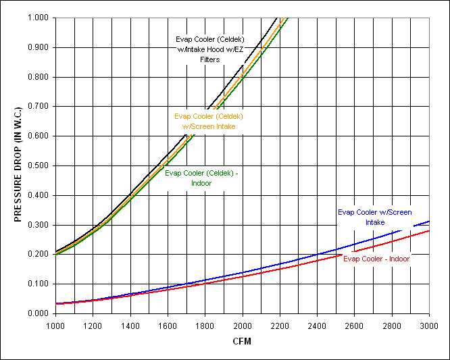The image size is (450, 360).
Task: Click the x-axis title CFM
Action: pyautogui.click(x=241, y=341)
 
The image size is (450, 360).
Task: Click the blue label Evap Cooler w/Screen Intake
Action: pyautogui.click(x=375, y=217)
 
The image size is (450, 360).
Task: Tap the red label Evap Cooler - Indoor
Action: pyautogui.click(x=376, y=258)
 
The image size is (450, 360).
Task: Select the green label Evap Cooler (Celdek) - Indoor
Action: pyautogui.click(x=201, y=178)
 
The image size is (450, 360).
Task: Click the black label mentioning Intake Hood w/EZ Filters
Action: pyautogui.click(x=209, y=49)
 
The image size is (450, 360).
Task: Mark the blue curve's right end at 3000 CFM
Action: pyautogui.click(x=429, y=221)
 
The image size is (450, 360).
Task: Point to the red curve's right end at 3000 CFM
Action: pyautogui.click(x=429, y=230)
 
